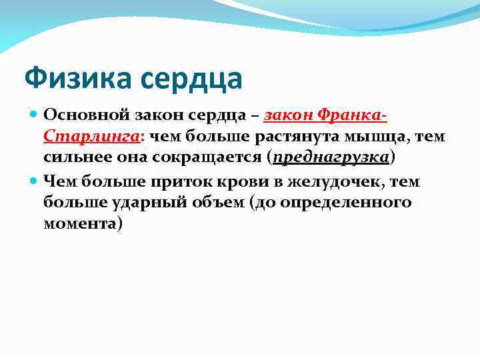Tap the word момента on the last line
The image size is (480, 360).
point(81,223)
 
